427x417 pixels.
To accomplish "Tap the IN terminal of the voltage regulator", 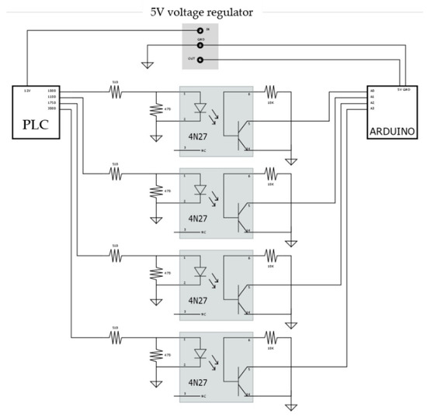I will [201, 30].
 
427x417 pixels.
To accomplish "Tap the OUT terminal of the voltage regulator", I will [201, 59].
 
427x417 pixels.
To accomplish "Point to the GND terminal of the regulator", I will [201, 45].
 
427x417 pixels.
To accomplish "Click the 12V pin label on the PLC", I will [26, 91].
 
